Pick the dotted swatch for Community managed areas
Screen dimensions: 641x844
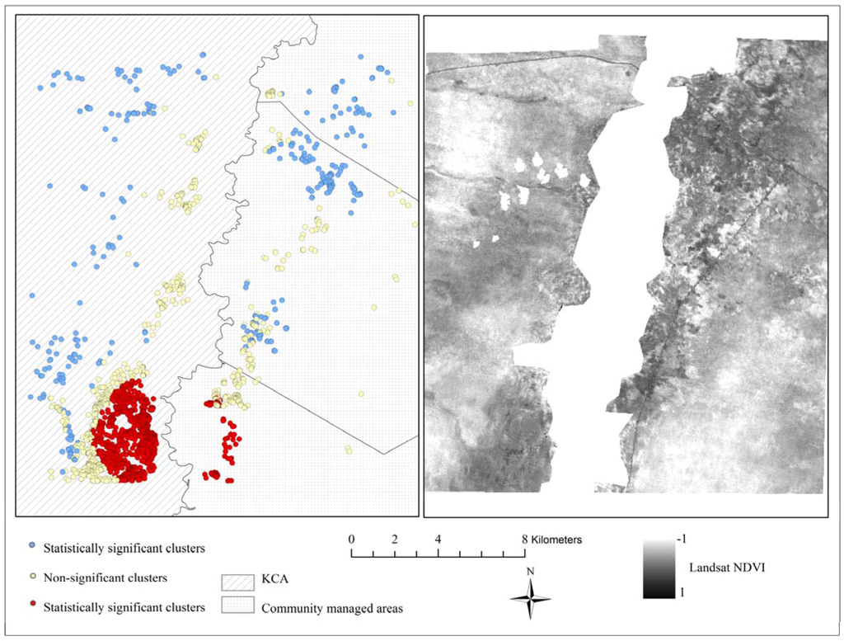(236, 606)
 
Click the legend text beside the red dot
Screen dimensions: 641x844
(124, 608)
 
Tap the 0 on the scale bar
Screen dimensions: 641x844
(352, 540)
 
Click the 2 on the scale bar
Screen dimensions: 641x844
(395, 540)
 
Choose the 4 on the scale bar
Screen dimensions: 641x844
(438, 540)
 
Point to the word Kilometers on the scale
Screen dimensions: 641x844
(556, 540)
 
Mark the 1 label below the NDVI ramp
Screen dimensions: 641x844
(680, 592)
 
